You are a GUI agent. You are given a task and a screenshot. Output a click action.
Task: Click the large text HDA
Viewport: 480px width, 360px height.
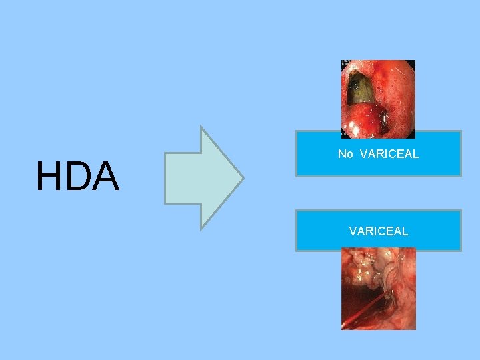pyautogui.click(x=78, y=177)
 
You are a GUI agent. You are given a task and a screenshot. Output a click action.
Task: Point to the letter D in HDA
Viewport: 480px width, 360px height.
pyautogui.click(x=78, y=177)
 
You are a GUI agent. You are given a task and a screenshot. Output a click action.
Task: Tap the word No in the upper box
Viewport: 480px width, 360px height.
pyautogui.click(x=345, y=154)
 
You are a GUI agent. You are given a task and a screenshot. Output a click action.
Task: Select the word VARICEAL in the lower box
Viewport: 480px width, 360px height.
pyautogui.click(x=378, y=231)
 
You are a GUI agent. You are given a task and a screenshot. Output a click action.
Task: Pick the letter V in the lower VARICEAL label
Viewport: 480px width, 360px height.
pyautogui.click(x=353, y=231)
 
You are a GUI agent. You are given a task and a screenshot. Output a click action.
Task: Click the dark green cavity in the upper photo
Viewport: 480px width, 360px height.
pyautogui.click(x=360, y=90)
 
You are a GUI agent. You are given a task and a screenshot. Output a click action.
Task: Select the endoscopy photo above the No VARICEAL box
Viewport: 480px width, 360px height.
pyautogui.click(x=378, y=98)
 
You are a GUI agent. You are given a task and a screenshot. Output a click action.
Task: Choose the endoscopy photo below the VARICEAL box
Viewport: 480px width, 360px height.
pyautogui.click(x=378, y=289)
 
